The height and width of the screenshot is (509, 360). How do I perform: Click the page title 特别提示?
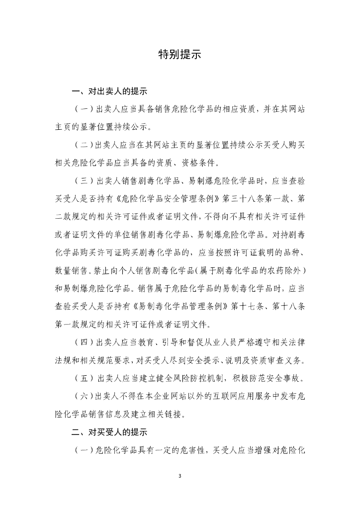[180, 54]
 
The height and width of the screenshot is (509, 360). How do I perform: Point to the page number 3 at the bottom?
[180, 476]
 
